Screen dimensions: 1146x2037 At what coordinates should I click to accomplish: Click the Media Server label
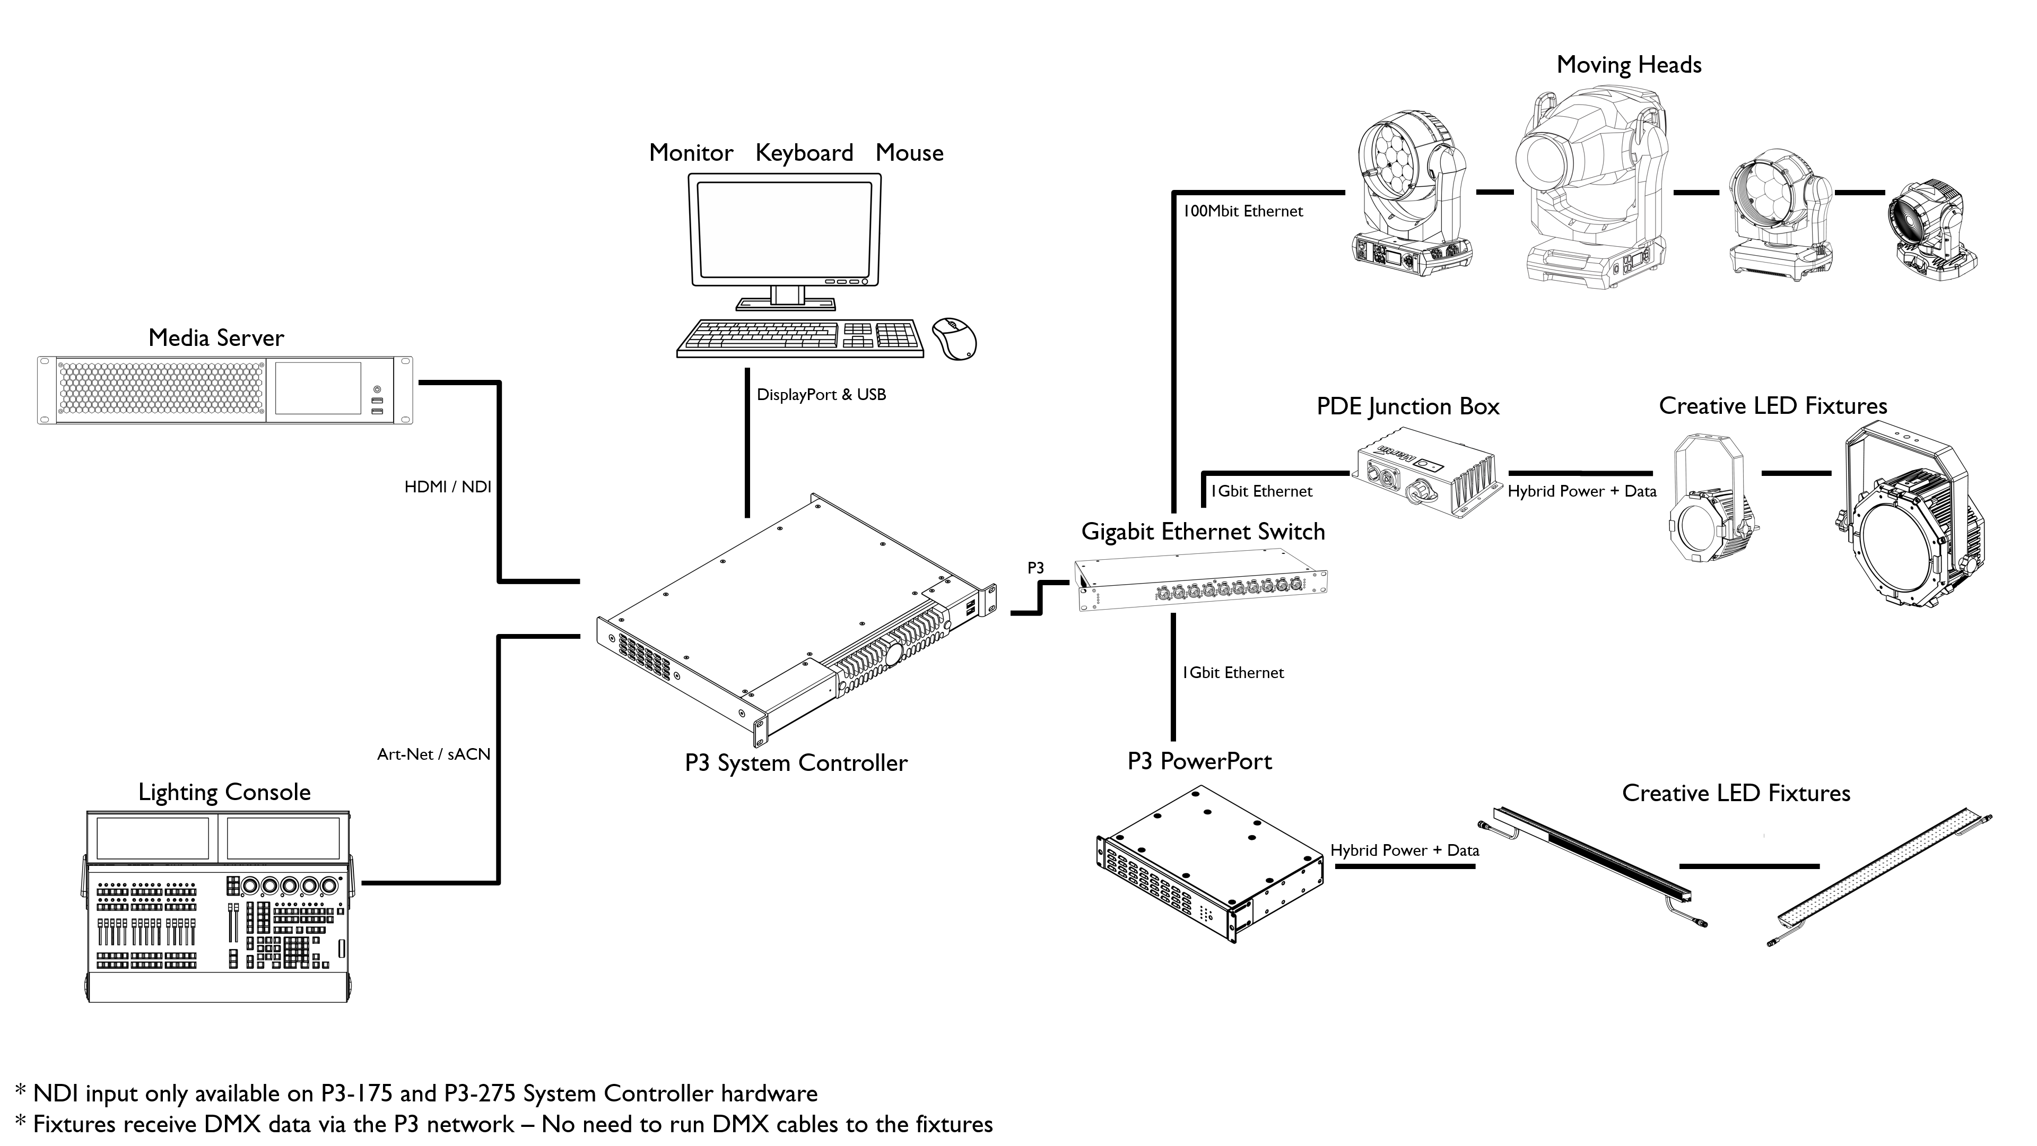(216, 338)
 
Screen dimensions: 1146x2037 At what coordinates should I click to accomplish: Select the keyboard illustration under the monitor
(799, 338)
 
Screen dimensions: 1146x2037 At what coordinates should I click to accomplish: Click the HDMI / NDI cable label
(448, 487)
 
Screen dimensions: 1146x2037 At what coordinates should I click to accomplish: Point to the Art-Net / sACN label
(433, 754)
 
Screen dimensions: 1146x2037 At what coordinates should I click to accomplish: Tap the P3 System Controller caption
(796, 763)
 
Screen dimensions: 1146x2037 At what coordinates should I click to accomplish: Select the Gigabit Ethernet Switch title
(1203, 532)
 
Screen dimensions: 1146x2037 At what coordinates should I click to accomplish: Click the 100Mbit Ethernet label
(1243, 211)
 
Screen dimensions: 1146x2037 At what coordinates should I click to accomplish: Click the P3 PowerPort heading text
(1199, 762)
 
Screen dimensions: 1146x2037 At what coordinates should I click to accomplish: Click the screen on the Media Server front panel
(318, 387)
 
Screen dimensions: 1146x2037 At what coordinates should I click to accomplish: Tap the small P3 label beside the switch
(1035, 568)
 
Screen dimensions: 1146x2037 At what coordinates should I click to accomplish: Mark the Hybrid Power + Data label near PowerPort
(1404, 850)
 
